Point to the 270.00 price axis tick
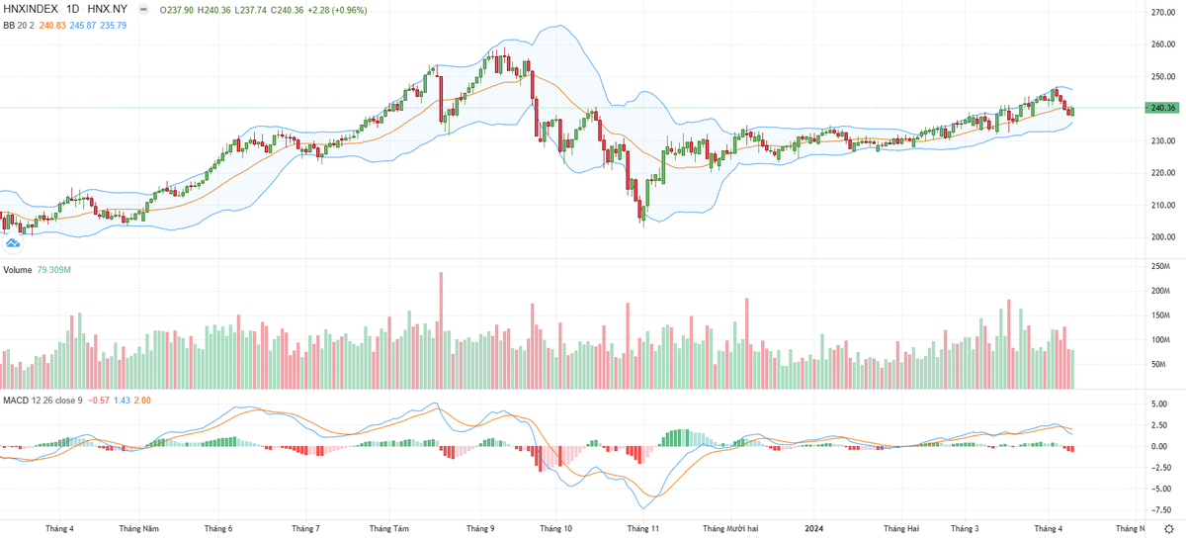click(x=1161, y=12)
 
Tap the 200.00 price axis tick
click(x=1161, y=237)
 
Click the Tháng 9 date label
click(x=480, y=529)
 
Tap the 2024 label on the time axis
click(x=815, y=529)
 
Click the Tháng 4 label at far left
click(x=59, y=529)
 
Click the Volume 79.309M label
click(x=38, y=269)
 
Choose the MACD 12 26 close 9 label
click(x=42, y=400)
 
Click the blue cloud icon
click(x=13, y=242)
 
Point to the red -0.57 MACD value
click(x=99, y=400)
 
